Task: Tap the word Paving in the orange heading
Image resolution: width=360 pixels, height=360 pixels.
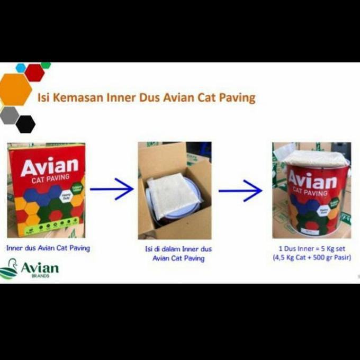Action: pos(237,98)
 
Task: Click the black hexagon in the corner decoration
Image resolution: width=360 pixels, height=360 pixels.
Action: pos(25,124)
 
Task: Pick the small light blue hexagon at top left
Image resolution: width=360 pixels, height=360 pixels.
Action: pos(21,68)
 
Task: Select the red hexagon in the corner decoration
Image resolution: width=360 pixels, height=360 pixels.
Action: pos(34,73)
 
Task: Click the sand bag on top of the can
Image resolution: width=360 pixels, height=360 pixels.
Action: pos(316,158)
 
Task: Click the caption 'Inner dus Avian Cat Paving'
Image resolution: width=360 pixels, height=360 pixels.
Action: pos(48,248)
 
